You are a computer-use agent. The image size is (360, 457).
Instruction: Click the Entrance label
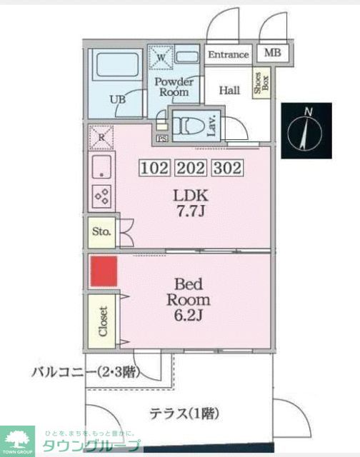[x=229, y=54]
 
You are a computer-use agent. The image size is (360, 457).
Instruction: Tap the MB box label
[x=272, y=54]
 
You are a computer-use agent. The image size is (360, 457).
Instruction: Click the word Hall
[x=229, y=91]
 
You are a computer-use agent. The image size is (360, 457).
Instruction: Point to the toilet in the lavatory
[x=187, y=126]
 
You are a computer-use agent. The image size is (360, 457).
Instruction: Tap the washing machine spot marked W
[x=161, y=57]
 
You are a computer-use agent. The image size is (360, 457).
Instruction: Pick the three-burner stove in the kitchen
[x=101, y=195]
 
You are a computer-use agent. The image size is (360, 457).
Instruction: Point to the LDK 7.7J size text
[x=190, y=202]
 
